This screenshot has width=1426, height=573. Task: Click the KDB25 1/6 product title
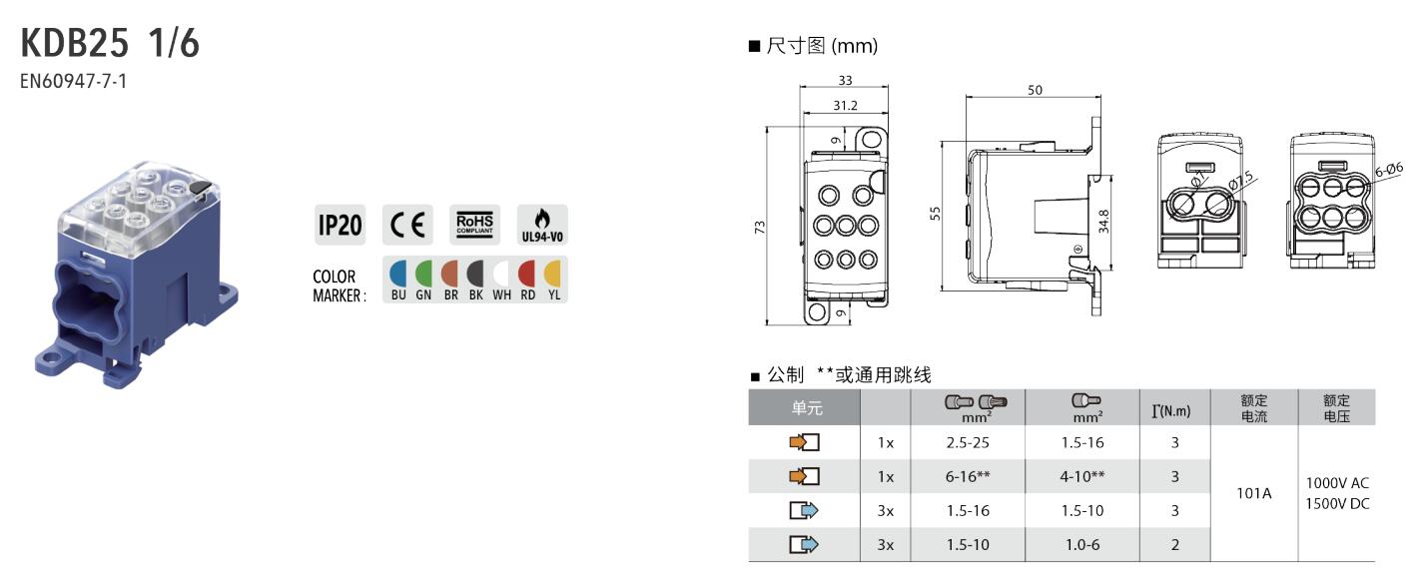(110, 43)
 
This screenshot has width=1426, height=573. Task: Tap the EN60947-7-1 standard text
(73, 82)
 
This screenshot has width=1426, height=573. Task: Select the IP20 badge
(340, 225)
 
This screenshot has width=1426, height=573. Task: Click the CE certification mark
(407, 225)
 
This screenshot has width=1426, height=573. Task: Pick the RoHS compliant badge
(475, 225)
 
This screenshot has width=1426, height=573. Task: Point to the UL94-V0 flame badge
(542, 225)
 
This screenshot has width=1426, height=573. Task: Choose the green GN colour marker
(423, 281)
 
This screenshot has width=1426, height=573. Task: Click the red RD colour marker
(527, 281)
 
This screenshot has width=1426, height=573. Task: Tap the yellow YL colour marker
(553, 281)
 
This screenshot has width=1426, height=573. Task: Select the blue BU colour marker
(397, 281)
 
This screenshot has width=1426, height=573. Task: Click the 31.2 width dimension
(846, 105)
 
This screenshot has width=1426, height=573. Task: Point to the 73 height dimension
(760, 228)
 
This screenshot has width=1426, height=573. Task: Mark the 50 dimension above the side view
(1036, 91)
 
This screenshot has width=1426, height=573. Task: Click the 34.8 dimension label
(1103, 221)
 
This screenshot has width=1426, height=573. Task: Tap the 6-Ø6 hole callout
(1388, 170)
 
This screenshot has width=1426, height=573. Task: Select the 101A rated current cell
(1254, 493)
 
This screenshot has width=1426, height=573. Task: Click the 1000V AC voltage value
(1337, 483)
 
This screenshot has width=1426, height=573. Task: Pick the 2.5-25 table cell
(968, 442)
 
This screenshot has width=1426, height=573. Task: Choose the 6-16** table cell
(968, 476)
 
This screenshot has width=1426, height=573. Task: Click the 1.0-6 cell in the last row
(1082, 544)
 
